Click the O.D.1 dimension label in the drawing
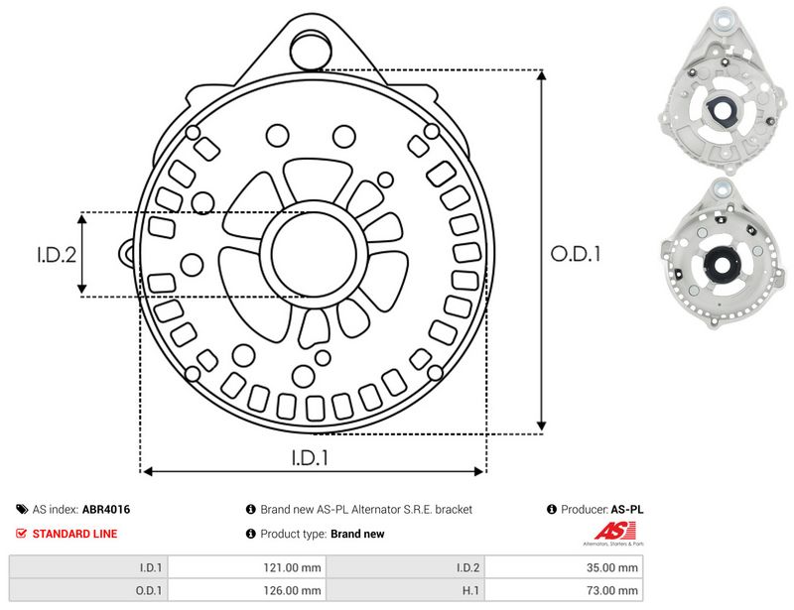click(x=576, y=254)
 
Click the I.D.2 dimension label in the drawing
click(x=57, y=255)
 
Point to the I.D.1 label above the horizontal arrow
click(x=310, y=457)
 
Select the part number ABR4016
click(x=106, y=509)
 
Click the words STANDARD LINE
click(x=75, y=534)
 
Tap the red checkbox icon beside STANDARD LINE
click(x=21, y=533)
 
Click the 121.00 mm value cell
click(x=247, y=567)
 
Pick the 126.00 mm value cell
click(x=247, y=590)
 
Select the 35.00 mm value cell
click(x=564, y=567)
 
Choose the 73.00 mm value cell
click(x=564, y=590)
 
